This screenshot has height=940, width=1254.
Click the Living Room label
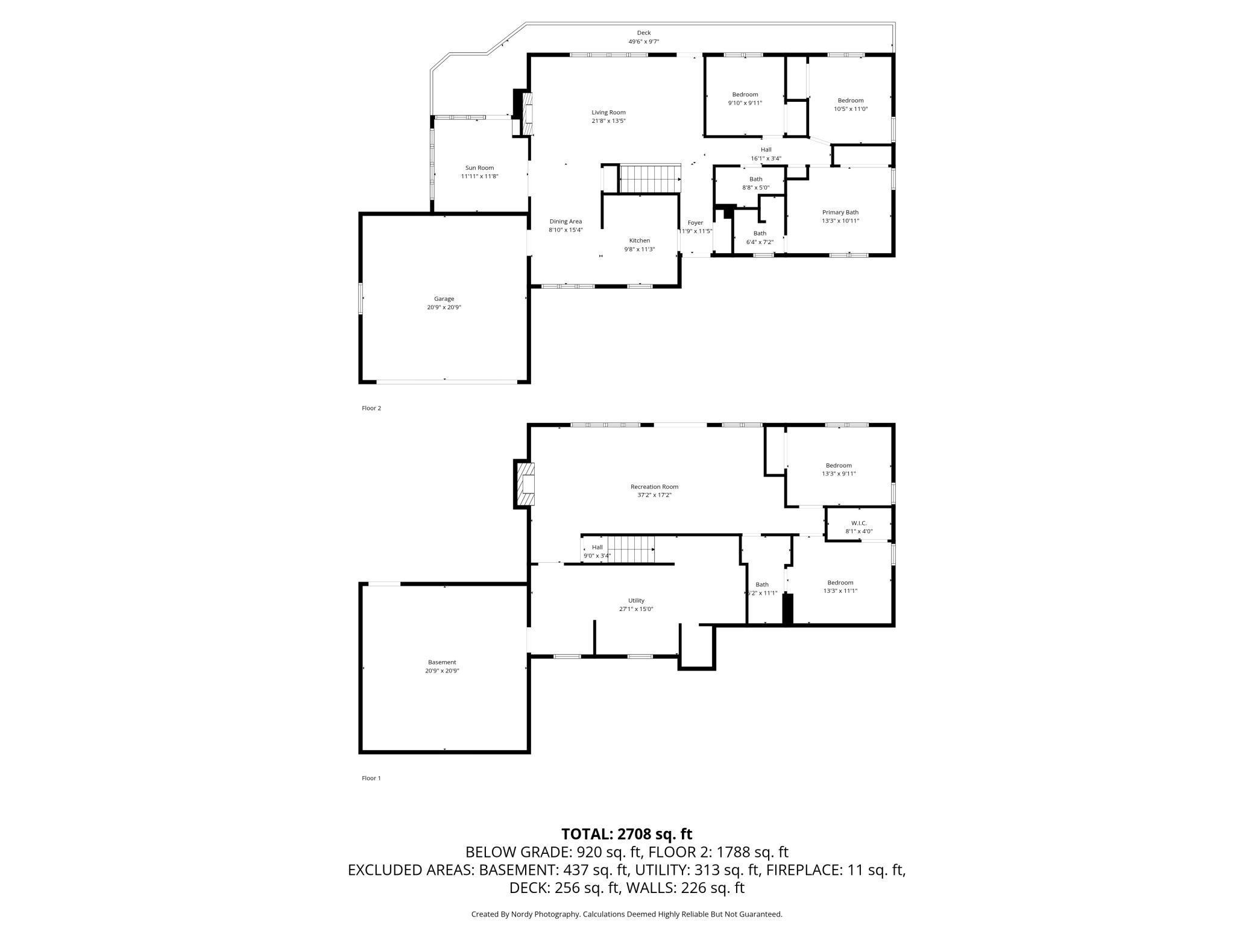[x=608, y=112]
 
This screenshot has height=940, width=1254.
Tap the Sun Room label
[x=479, y=168]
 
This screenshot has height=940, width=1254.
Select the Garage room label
[x=444, y=298]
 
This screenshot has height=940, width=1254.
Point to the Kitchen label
[x=639, y=240]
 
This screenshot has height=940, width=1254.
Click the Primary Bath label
[x=840, y=212]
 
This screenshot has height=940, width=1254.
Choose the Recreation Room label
[x=654, y=486]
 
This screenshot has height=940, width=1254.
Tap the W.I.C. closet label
[x=859, y=523]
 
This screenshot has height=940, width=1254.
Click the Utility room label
[x=636, y=600]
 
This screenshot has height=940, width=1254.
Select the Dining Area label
[x=566, y=221]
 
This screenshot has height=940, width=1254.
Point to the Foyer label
[x=695, y=222]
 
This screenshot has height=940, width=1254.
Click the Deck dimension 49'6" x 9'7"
[x=644, y=42]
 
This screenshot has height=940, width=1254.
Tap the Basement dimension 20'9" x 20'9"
[x=443, y=671]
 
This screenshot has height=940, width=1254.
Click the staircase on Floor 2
[x=651, y=179]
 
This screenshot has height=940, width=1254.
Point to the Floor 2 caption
[x=371, y=408]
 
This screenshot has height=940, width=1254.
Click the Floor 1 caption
[x=371, y=778]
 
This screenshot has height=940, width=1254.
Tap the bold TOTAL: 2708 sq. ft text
[x=627, y=834]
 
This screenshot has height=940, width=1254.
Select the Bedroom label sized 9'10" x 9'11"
[x=745, y=94]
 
